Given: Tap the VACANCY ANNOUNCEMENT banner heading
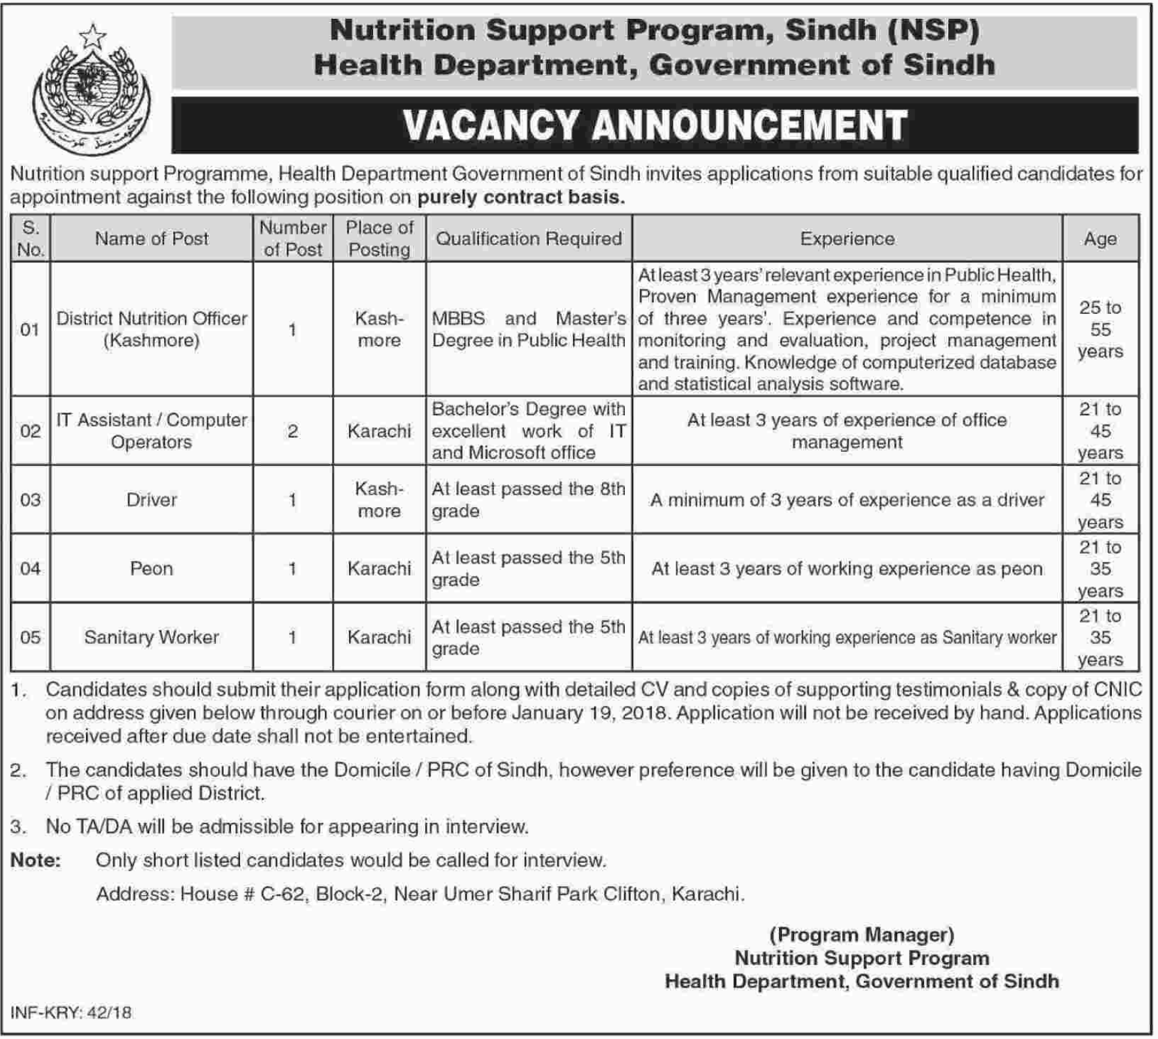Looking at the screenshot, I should pyautogui.click(x=654, y=125).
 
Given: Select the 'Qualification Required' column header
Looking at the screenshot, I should pyautogui.click(x=529, y=239).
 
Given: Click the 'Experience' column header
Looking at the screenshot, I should pyautogui.click(x=847, y=239).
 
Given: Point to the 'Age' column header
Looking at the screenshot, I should pyautogui.click(x=1100, y=239).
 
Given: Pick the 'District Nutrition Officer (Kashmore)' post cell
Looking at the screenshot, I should pyautogui.click(x=152, y=329).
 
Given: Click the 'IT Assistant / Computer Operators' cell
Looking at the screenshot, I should pyautogui.click(x=152, y=431).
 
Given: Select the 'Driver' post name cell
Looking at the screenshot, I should pyautogui.click(x=152, y=500).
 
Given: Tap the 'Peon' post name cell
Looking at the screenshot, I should pyautogui.click(x=152, y=569).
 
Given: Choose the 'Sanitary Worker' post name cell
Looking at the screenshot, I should pyautogui.click(x=152, y=637).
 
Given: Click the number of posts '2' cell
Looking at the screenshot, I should pyautogui.click(x=293, y=431).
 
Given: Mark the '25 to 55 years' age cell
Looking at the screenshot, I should pyautogui.click(x=1100, y=329).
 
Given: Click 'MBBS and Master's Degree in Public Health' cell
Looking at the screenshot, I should pyautogui.click(x=529, y=329).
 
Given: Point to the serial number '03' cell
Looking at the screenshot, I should pyautogui.click(x=31, y=500).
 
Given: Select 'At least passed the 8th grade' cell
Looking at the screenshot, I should pyautogui.click(x=529, y=500).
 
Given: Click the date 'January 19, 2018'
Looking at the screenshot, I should pyautogui.click(x=590, y=713).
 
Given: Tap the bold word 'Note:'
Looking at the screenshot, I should pyautogui.click(x=36, y=861).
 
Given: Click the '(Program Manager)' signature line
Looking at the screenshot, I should pyautogui.click(x=862, y=935).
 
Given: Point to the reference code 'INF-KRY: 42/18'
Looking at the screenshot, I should pyautogui.click(x=71, y=1013).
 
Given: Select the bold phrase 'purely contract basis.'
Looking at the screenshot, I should pyautogui.click(x=521, y=197).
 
